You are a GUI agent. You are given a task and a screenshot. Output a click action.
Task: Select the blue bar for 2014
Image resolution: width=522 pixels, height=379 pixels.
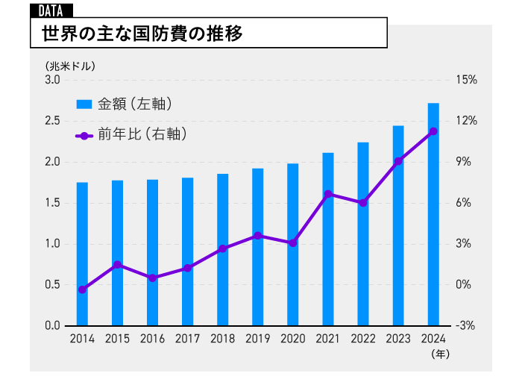point(82,254)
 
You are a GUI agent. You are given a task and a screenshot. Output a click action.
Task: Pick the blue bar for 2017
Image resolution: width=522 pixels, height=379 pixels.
point(187,252)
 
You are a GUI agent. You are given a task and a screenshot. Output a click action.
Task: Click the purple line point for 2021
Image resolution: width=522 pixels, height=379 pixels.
point(328,194)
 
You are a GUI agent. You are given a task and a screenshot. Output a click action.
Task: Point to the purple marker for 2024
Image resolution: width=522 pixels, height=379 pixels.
point(433,131)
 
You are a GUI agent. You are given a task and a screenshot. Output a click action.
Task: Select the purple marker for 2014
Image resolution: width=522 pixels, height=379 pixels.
point(82,289)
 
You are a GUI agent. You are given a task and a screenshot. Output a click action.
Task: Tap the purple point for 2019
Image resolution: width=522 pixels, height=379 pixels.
point(258,236)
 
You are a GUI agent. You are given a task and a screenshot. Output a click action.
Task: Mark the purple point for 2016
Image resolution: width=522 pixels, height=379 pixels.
point(152,278)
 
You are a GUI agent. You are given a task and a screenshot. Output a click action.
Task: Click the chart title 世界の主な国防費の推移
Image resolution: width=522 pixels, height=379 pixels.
point(142,34)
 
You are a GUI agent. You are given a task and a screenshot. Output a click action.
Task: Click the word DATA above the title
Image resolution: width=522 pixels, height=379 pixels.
point(50,10)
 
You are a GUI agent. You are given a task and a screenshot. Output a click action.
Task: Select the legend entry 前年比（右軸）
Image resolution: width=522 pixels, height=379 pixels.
point(130,135)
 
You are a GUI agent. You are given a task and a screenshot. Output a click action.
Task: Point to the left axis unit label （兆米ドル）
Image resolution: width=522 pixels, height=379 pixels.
point(70,65)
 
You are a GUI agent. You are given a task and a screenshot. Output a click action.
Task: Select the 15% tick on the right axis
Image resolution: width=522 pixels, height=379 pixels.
point(467,80)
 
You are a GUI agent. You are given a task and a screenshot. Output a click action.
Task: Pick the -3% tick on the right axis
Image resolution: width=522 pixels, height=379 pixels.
point(467,326)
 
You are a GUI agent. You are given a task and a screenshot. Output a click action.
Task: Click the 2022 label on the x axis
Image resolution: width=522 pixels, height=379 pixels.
point(363,339)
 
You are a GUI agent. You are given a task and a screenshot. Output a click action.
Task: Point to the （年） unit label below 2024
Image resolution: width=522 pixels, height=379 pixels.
point(440,353)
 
